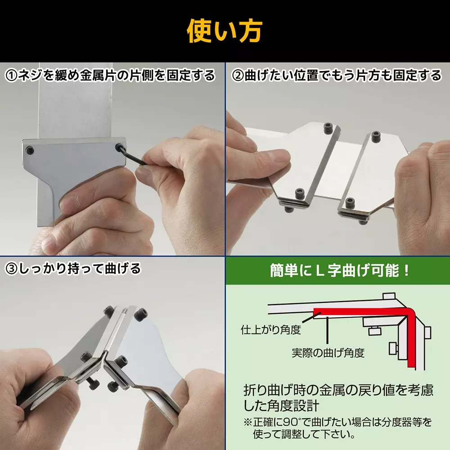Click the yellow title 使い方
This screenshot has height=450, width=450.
(x=225, y=31)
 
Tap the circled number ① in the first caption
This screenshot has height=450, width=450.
(x=11, y=75)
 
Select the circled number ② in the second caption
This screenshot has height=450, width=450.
(x=237, y=75)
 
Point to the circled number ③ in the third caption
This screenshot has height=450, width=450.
(x=11, y=269)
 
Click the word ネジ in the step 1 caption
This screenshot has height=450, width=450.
(x=31, y=75)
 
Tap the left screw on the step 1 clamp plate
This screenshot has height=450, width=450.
(x=30, y=149)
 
